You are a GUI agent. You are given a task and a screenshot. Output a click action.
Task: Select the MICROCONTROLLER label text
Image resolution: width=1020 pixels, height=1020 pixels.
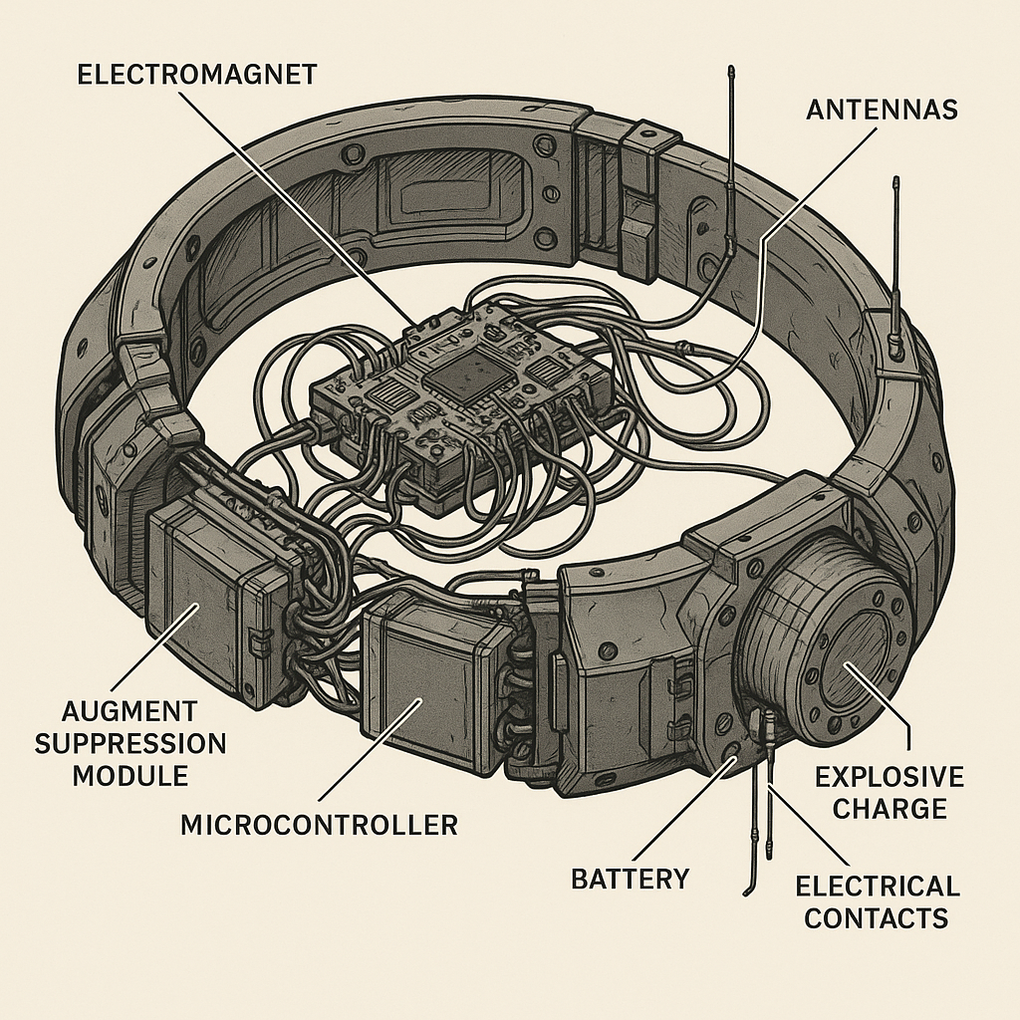319,825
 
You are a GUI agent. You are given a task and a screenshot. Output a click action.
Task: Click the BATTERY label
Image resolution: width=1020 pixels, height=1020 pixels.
630,878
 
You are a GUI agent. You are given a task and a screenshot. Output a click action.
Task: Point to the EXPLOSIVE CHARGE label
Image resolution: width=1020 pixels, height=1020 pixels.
890,792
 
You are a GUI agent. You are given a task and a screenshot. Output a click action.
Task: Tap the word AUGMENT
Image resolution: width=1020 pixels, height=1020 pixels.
128,712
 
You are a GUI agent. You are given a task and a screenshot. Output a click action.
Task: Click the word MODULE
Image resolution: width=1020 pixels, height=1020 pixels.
129,774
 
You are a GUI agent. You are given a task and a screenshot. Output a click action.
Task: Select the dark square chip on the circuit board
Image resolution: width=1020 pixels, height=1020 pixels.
460,378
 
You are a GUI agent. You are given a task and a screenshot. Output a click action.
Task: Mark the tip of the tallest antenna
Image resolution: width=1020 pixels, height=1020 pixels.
730,71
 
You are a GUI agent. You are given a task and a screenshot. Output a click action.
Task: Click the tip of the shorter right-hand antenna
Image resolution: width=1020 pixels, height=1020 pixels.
895,182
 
